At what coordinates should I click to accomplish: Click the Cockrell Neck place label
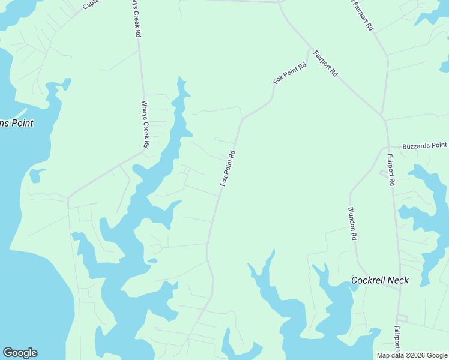tap(379, 280)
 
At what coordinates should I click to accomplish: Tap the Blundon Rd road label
tap(352, 224)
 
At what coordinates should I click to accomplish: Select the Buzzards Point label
tap(425, 145)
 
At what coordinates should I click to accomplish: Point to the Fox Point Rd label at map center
tap(227, 168)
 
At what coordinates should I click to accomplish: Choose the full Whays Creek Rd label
tap(145, 124)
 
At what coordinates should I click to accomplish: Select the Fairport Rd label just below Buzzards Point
tap(391, 170)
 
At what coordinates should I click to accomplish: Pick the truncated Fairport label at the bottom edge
tap(397, 338)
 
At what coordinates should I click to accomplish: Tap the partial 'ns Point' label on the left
tap(16, 123)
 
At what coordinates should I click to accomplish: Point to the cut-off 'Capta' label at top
tap(93, 4)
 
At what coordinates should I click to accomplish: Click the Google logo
tap(20, 353)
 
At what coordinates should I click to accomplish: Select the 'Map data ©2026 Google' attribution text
tap(412, 355)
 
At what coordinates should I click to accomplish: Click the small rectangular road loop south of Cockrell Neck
tap(402, 317)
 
